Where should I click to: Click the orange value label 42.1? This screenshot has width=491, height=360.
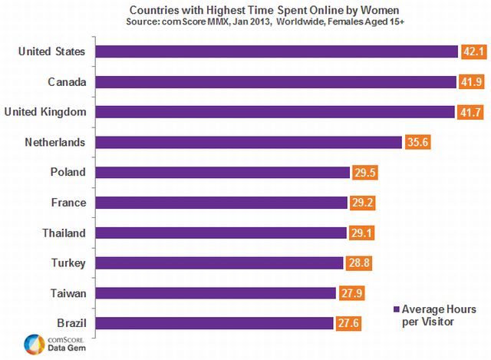[x=470, y=52]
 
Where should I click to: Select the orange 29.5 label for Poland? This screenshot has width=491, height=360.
[x=364, y=173]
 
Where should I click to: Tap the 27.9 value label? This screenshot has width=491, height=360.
[x=351, y=292]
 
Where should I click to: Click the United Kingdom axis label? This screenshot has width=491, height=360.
[x=45, y=112]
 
